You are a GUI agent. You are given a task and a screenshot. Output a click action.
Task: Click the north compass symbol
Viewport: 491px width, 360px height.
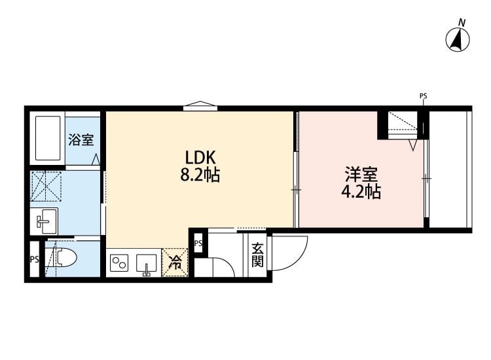pyautogui.click(x=458, y=40)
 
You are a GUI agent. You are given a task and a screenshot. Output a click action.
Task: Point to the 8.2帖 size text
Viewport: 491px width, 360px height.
pyautogui.click(x=200, y=175)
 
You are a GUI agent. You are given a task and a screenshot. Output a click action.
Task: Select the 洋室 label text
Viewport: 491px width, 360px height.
pyautogui.click(x=361, y=175)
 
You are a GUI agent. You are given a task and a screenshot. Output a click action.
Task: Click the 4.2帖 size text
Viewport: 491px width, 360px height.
pyautogui.click(x=361, y=192)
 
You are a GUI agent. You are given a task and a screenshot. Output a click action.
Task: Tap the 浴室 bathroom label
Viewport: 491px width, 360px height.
pyautogui.click(x=81, y=139)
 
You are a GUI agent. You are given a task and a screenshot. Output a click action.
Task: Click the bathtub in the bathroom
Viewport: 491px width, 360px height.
pyautogui.click(x=47, y=139)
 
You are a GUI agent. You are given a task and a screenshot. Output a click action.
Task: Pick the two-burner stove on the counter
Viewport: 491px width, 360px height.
pyautogui.click(x=120, y=264)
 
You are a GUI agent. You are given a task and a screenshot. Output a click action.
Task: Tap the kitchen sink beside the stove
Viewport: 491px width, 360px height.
pyautogui.click(x=146, y=264)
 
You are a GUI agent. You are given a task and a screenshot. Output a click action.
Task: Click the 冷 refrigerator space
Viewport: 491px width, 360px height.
pyautogui.click(x=175, y=263)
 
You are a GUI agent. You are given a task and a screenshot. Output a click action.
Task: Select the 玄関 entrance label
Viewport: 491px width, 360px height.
pyautogui.click(x=257, y=255)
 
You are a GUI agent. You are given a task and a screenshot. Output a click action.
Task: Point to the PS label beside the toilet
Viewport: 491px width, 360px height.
pyautogui.click(x=34, y=259)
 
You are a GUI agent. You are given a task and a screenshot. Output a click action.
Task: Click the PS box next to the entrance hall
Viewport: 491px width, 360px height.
pyautogui.click(x=198, y=243)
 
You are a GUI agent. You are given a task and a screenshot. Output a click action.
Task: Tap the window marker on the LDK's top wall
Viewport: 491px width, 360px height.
pyautogui.click(x=200, y=105)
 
